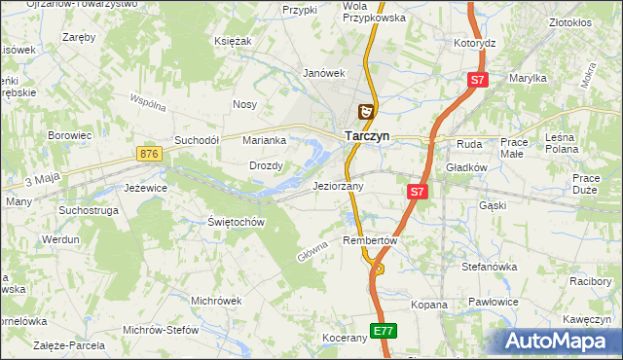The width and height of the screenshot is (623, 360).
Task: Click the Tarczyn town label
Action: click(x=367, y=137)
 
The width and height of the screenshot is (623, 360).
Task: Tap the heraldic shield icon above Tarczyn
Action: click(x=366, y=113)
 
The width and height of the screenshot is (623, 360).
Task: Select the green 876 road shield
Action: click(x=148, y=154)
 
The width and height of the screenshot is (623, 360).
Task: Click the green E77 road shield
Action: click(x=384, y=331)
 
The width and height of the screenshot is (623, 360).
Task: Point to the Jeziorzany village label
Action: click(x=338, y=186)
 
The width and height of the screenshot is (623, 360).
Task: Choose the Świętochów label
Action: click(x=237, y=222)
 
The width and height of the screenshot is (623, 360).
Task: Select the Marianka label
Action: click(x=264, y=140)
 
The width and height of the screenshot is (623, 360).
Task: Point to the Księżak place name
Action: click(x=234, y=41)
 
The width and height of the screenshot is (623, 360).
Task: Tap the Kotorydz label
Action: click(x=475, y=44)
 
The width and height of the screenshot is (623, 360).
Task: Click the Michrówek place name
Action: click(x=216, y=301)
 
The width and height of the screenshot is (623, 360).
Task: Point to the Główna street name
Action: click(x=311, y=250)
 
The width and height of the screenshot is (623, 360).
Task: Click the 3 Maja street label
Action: click(x=43, y=180)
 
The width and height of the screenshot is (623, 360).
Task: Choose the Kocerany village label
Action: click(x=345, y=338)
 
